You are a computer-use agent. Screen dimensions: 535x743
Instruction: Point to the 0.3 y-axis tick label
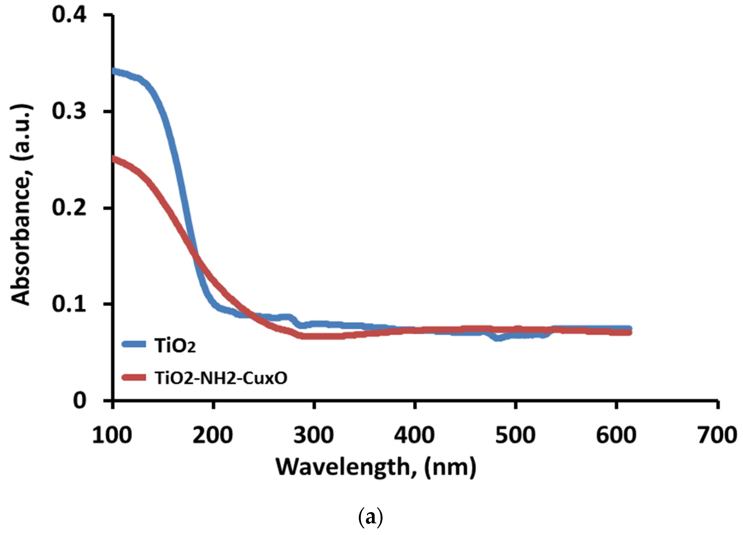(69, 112)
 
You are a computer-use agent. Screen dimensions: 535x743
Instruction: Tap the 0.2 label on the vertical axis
(69, 208)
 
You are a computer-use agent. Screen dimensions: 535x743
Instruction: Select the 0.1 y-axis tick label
(69, 304)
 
